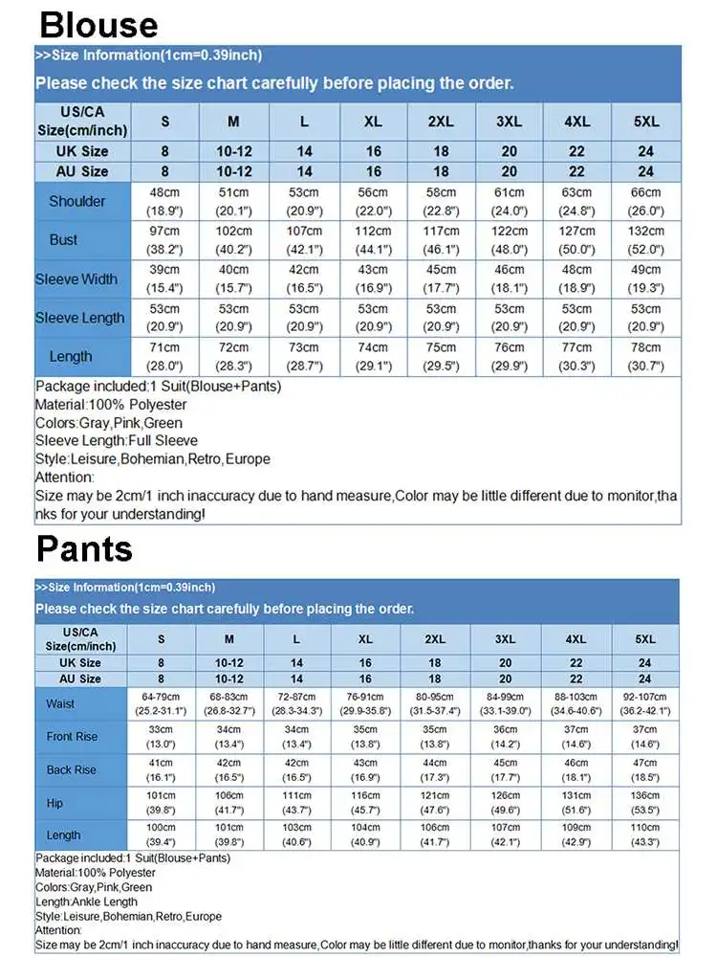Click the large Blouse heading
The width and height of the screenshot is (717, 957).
(99, 23)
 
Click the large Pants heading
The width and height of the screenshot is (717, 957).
(84, 548)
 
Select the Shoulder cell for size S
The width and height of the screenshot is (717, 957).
(164, 201)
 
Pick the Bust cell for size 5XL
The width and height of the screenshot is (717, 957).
(646, 240)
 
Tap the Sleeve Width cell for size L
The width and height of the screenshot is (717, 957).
(304, 278)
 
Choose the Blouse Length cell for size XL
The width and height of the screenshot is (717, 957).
(373, 356)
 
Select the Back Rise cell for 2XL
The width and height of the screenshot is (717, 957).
(435, 769)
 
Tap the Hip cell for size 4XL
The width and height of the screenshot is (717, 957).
(576, 802)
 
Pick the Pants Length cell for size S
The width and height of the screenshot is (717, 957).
(161, 835)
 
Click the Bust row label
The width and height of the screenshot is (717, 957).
(63, 240)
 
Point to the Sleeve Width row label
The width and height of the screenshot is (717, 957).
(76, 279)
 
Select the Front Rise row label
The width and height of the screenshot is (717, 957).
(72, 737)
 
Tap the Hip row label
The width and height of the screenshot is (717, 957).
(54, 803)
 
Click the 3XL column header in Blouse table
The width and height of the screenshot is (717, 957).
(509, 122)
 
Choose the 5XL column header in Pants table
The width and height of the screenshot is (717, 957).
(645, 639)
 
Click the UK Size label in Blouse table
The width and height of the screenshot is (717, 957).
(82, 151)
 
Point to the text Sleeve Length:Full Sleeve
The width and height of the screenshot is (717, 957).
(117, 440)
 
